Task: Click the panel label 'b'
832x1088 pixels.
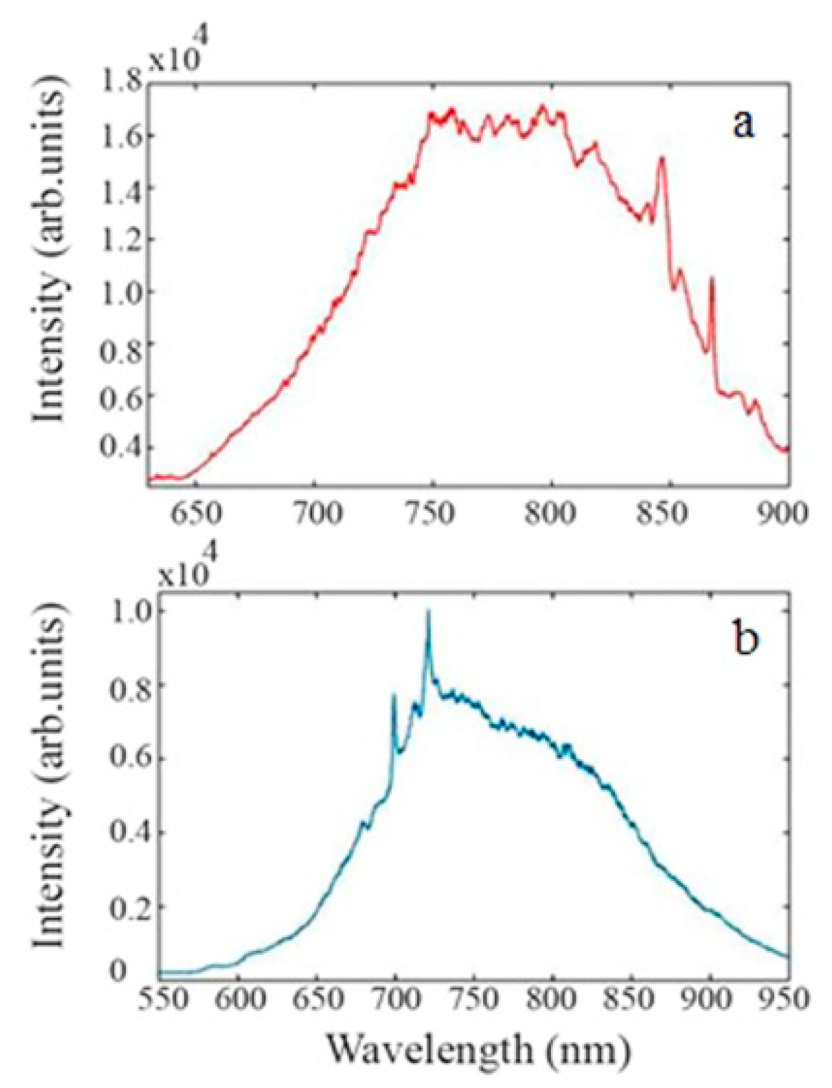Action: click(746, 639)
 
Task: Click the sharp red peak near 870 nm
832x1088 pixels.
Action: click(711, 280)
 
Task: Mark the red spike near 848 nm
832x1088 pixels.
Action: click(662, 158)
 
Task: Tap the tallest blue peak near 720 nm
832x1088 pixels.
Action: click(428, 612)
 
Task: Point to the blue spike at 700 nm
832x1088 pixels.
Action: click(394, 695)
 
